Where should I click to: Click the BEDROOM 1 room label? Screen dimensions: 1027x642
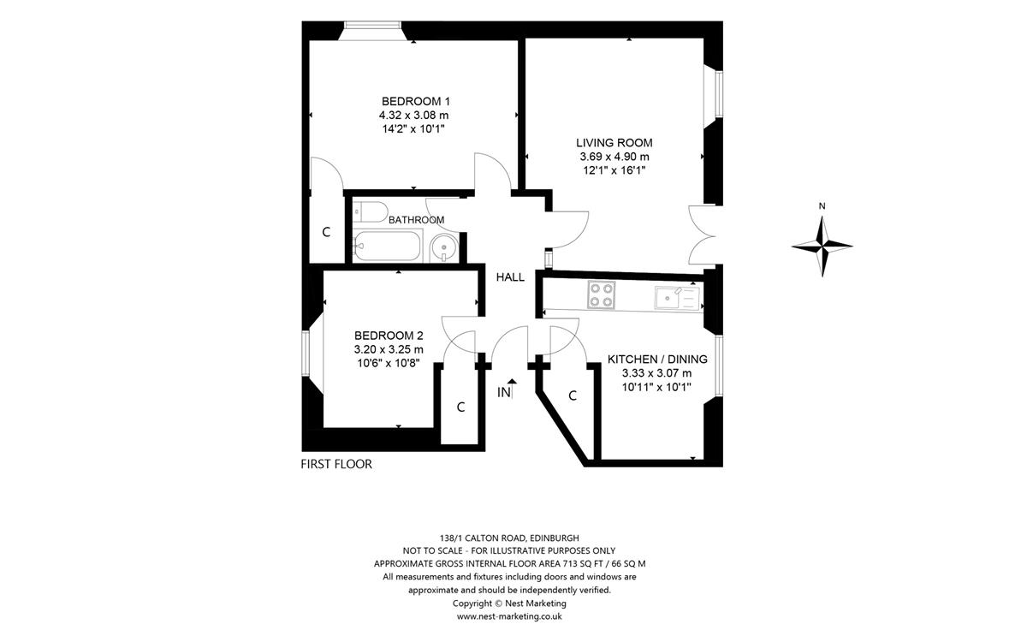pos(416,101)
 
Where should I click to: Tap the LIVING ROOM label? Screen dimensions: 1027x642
pos(614,143)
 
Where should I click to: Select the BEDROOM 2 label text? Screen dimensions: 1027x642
pos(389,336)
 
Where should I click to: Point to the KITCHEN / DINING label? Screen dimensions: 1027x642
pos(657,359)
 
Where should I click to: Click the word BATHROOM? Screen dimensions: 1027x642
pos(416,220)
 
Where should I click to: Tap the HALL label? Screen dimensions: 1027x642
pos(510,277)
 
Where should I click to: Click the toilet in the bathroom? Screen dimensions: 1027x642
pos(371,212)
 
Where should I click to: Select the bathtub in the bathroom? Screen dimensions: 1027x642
pos(388,247)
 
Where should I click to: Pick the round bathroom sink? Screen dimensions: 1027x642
pos(444,247)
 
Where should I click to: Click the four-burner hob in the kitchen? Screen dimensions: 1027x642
pos(602,294)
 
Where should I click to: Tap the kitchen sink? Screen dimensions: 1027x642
pos(677,298)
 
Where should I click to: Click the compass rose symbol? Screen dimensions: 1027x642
pos(822,247)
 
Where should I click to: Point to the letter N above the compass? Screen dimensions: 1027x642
pos(822,206)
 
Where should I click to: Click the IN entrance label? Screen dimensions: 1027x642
pos(504,393)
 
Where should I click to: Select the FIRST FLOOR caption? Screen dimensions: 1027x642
pos(336,464)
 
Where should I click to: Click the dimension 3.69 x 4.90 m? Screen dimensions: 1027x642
pos(614,157)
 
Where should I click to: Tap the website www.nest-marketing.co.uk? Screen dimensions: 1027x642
pos(509,616)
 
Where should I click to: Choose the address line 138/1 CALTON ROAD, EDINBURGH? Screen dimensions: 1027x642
pos(509,538)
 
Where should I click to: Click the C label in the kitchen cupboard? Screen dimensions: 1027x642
pos(573,395)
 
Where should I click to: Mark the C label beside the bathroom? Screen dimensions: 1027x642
pos(326,232)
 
